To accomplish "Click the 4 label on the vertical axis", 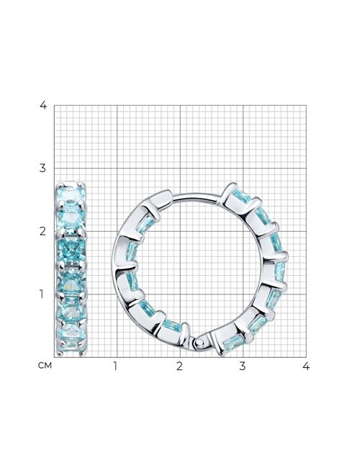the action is (43, 105).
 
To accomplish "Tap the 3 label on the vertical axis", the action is (43, 168).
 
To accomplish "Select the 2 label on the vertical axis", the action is (43, 231).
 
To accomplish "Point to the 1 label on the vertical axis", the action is (42, 295).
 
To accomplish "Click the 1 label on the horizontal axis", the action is (115, 366).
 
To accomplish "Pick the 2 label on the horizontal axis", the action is (179, 366).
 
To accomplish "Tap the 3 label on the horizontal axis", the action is (243, 366).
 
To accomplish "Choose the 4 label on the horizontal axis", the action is (306, 366).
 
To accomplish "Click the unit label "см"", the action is (45, 366).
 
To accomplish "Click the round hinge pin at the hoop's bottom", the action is (200, 343).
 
